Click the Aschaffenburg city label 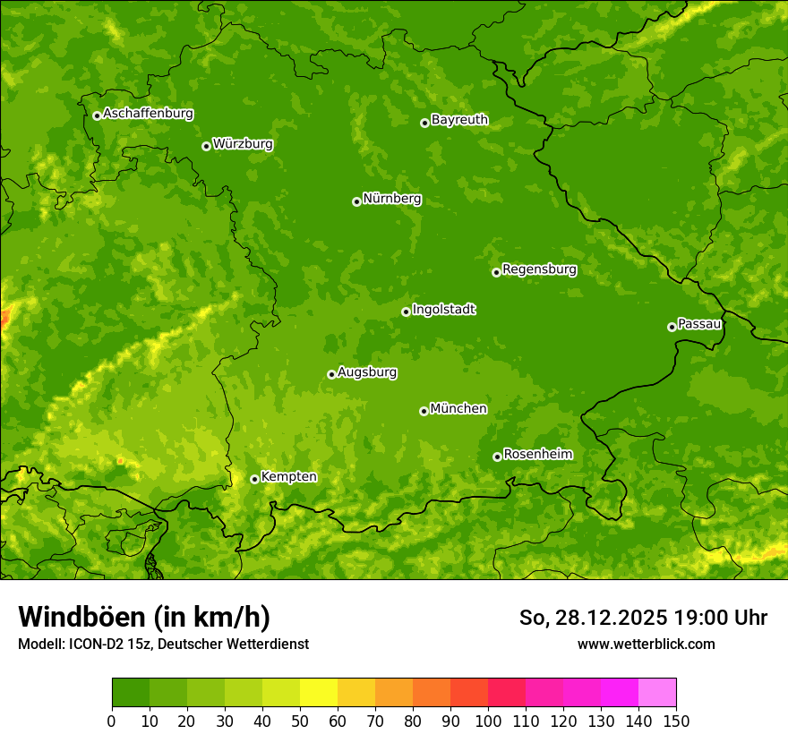(x=148, y=114)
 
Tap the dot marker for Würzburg (x=206, y=146)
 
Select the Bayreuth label (x=459, y=119)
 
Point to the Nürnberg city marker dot (x=356, y=201)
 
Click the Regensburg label (x=539, y=269)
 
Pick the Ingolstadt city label (x=443, y=310)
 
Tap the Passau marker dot (x=672, y=327)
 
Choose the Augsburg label (x=367, y=372)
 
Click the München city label (x=458, y=409)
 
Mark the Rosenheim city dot (x=497, y=457)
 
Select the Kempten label (x=288, y=477)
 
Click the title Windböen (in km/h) (x=143, y=617)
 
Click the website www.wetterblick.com (x=646, y=644)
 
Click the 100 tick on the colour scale (x=488, y=720)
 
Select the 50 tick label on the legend (x=300, y=720)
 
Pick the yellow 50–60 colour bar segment (x=319, y=693)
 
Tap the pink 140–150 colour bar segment (x=657, y=693)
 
